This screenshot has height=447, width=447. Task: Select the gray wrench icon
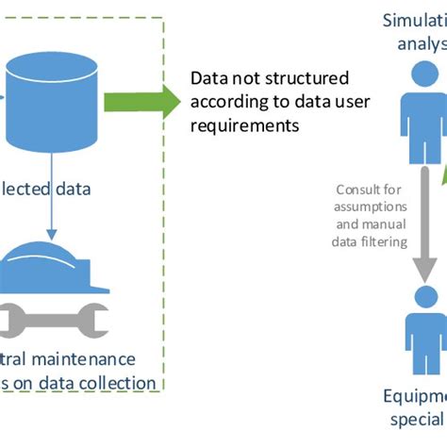[53, 321]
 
